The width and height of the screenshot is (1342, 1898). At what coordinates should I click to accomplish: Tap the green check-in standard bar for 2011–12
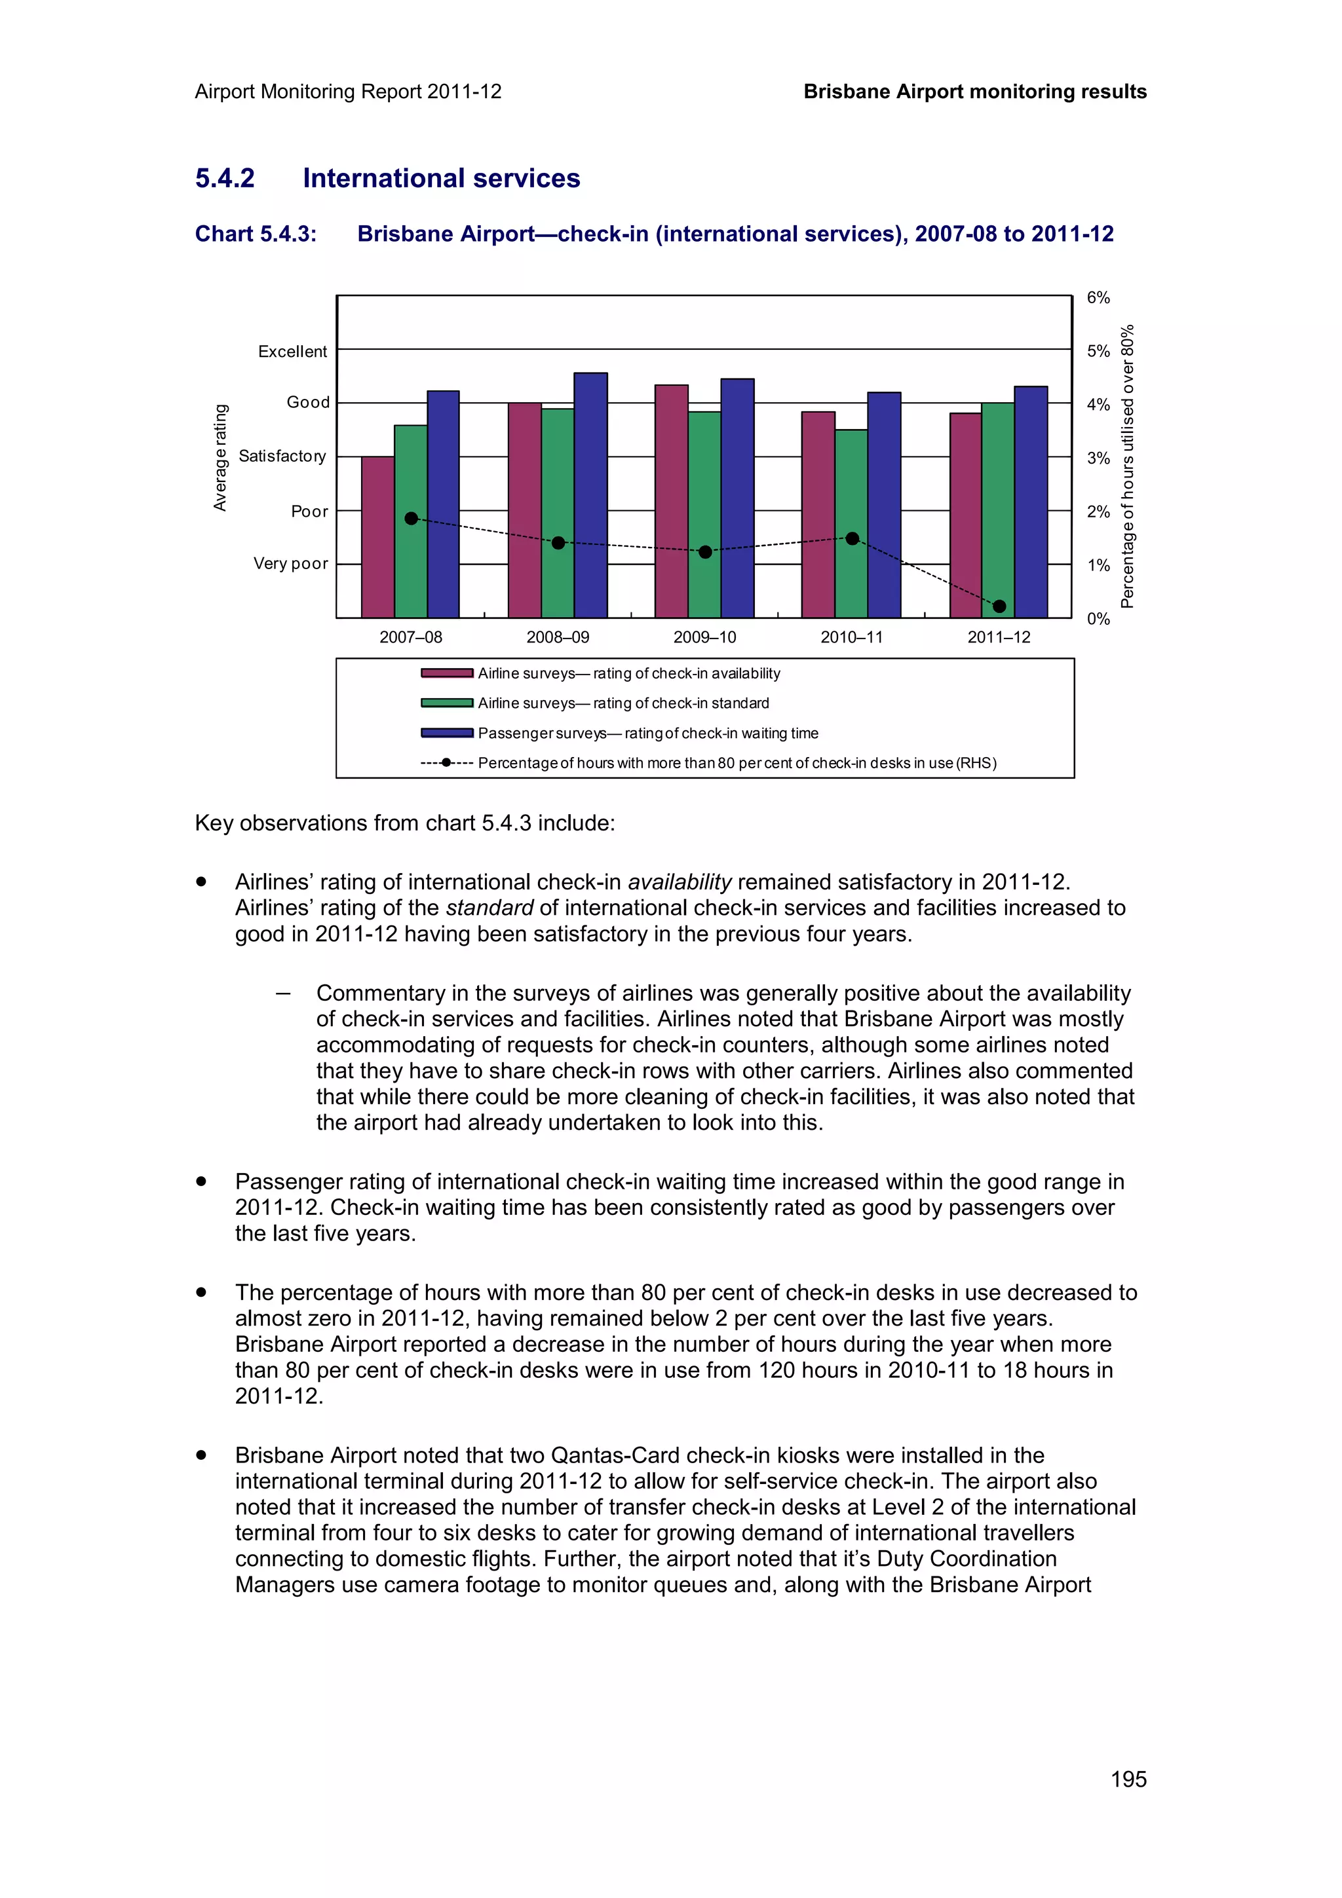(997, 496)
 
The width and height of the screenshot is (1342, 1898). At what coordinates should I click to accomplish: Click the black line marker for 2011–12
(999, 606)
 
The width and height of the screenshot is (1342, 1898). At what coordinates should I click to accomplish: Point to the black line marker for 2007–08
(411, 518)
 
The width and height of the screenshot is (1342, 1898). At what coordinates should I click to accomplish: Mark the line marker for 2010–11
(853, 538)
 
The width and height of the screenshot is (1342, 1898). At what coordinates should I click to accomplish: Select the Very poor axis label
(290, 563)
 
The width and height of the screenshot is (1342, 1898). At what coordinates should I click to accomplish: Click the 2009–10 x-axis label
(704, 637)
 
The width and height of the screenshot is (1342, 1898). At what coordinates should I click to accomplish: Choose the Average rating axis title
(220, 457)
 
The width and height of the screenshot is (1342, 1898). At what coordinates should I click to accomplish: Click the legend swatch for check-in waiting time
(446, 732)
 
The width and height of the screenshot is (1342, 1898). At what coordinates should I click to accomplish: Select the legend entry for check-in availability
(628, 673)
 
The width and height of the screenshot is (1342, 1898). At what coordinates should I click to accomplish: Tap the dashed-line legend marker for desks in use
(446, 762)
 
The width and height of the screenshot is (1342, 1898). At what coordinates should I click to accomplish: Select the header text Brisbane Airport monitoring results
(975, 92)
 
